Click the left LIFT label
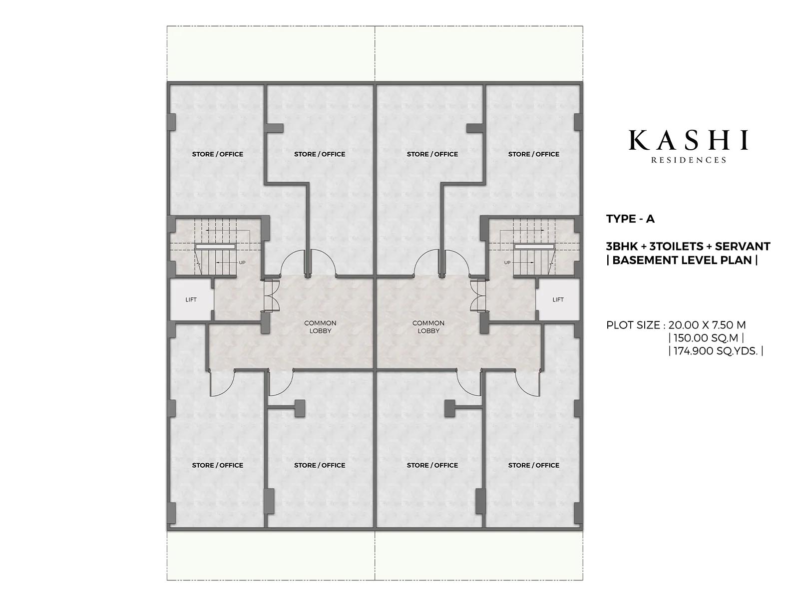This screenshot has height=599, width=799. coord(191,299)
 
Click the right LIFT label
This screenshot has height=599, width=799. coord(558,299)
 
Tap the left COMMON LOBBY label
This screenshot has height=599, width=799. coord(320,326)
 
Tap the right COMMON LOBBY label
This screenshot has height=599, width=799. coord(428,326)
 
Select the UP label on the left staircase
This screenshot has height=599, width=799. coord(242,262)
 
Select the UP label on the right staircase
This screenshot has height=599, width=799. coord(507,262)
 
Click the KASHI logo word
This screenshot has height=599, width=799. coord(688,140)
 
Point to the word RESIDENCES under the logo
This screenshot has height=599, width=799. coord(688,160)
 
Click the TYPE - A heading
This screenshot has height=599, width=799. coord(631,219)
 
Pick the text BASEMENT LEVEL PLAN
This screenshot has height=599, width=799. coord(682,261)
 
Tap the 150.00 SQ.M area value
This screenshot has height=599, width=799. coord(706,338)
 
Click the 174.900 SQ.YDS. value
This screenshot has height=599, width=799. coord(716,351)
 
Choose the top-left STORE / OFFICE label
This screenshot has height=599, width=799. coord(218,154)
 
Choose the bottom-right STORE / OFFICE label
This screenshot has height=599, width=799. coord(534,465)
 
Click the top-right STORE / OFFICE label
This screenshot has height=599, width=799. coord(534,154)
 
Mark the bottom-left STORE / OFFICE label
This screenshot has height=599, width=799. coord(218,465)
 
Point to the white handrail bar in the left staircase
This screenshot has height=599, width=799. coord(215,246)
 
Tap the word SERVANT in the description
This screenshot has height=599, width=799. coord(743,247)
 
